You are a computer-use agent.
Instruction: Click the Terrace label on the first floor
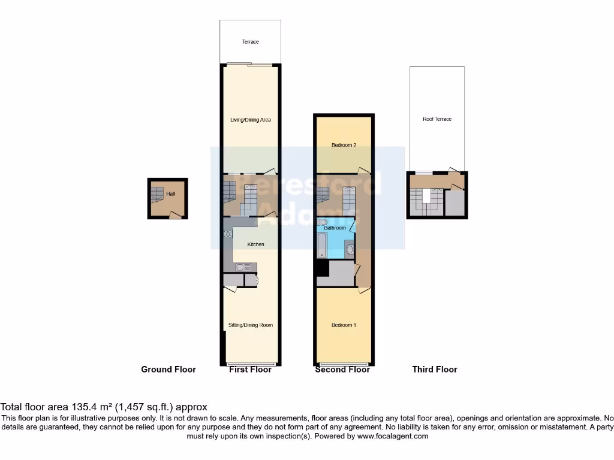250,42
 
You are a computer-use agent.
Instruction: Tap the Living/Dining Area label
251,120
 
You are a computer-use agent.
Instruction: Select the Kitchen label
257,244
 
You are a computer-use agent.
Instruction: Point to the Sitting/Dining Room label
251,325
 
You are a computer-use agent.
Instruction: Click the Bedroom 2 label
344,144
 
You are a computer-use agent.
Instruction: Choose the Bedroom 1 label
344,325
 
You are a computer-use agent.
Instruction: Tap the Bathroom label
335,228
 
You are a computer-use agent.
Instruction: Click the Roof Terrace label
437,119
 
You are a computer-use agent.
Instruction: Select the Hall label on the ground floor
171,194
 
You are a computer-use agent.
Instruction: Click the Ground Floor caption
168,370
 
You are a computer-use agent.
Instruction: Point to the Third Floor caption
435,370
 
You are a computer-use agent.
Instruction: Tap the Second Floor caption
342,370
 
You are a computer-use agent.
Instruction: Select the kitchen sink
243,268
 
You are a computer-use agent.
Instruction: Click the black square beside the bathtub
322,268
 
